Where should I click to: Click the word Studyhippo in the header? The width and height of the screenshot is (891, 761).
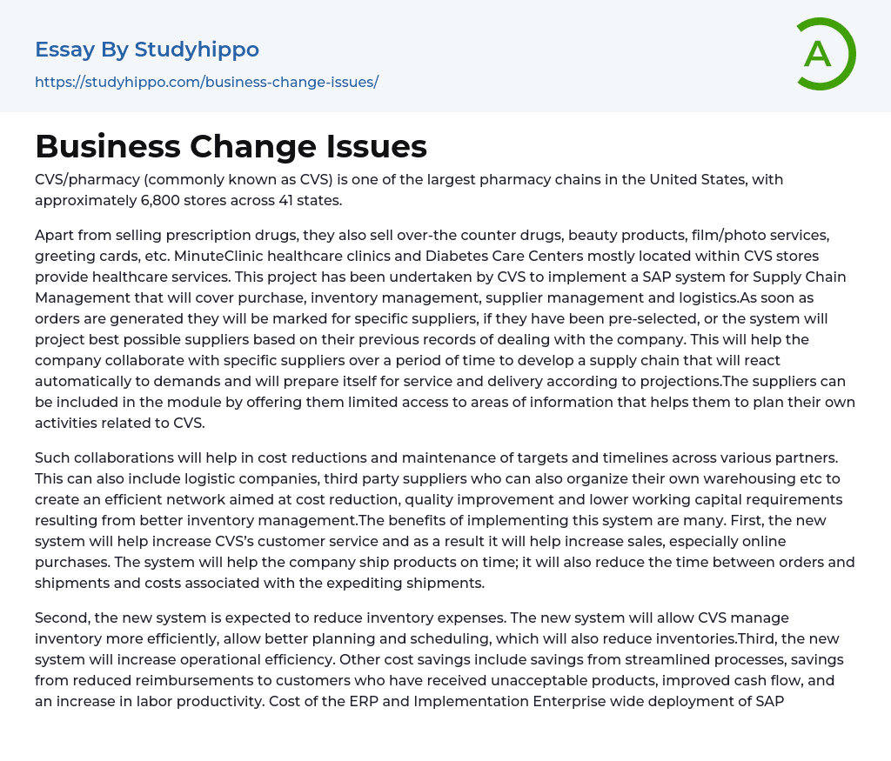pyautogui.click(x=197, y=50)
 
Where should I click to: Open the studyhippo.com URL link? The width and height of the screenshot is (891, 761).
pyautogui.click(x=206, y=82)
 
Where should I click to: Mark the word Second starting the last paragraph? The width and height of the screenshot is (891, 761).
pyautogui.click(x=62, y=617)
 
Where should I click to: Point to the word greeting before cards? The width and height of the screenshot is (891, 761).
pyautogui.click(x=63, y=257)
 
